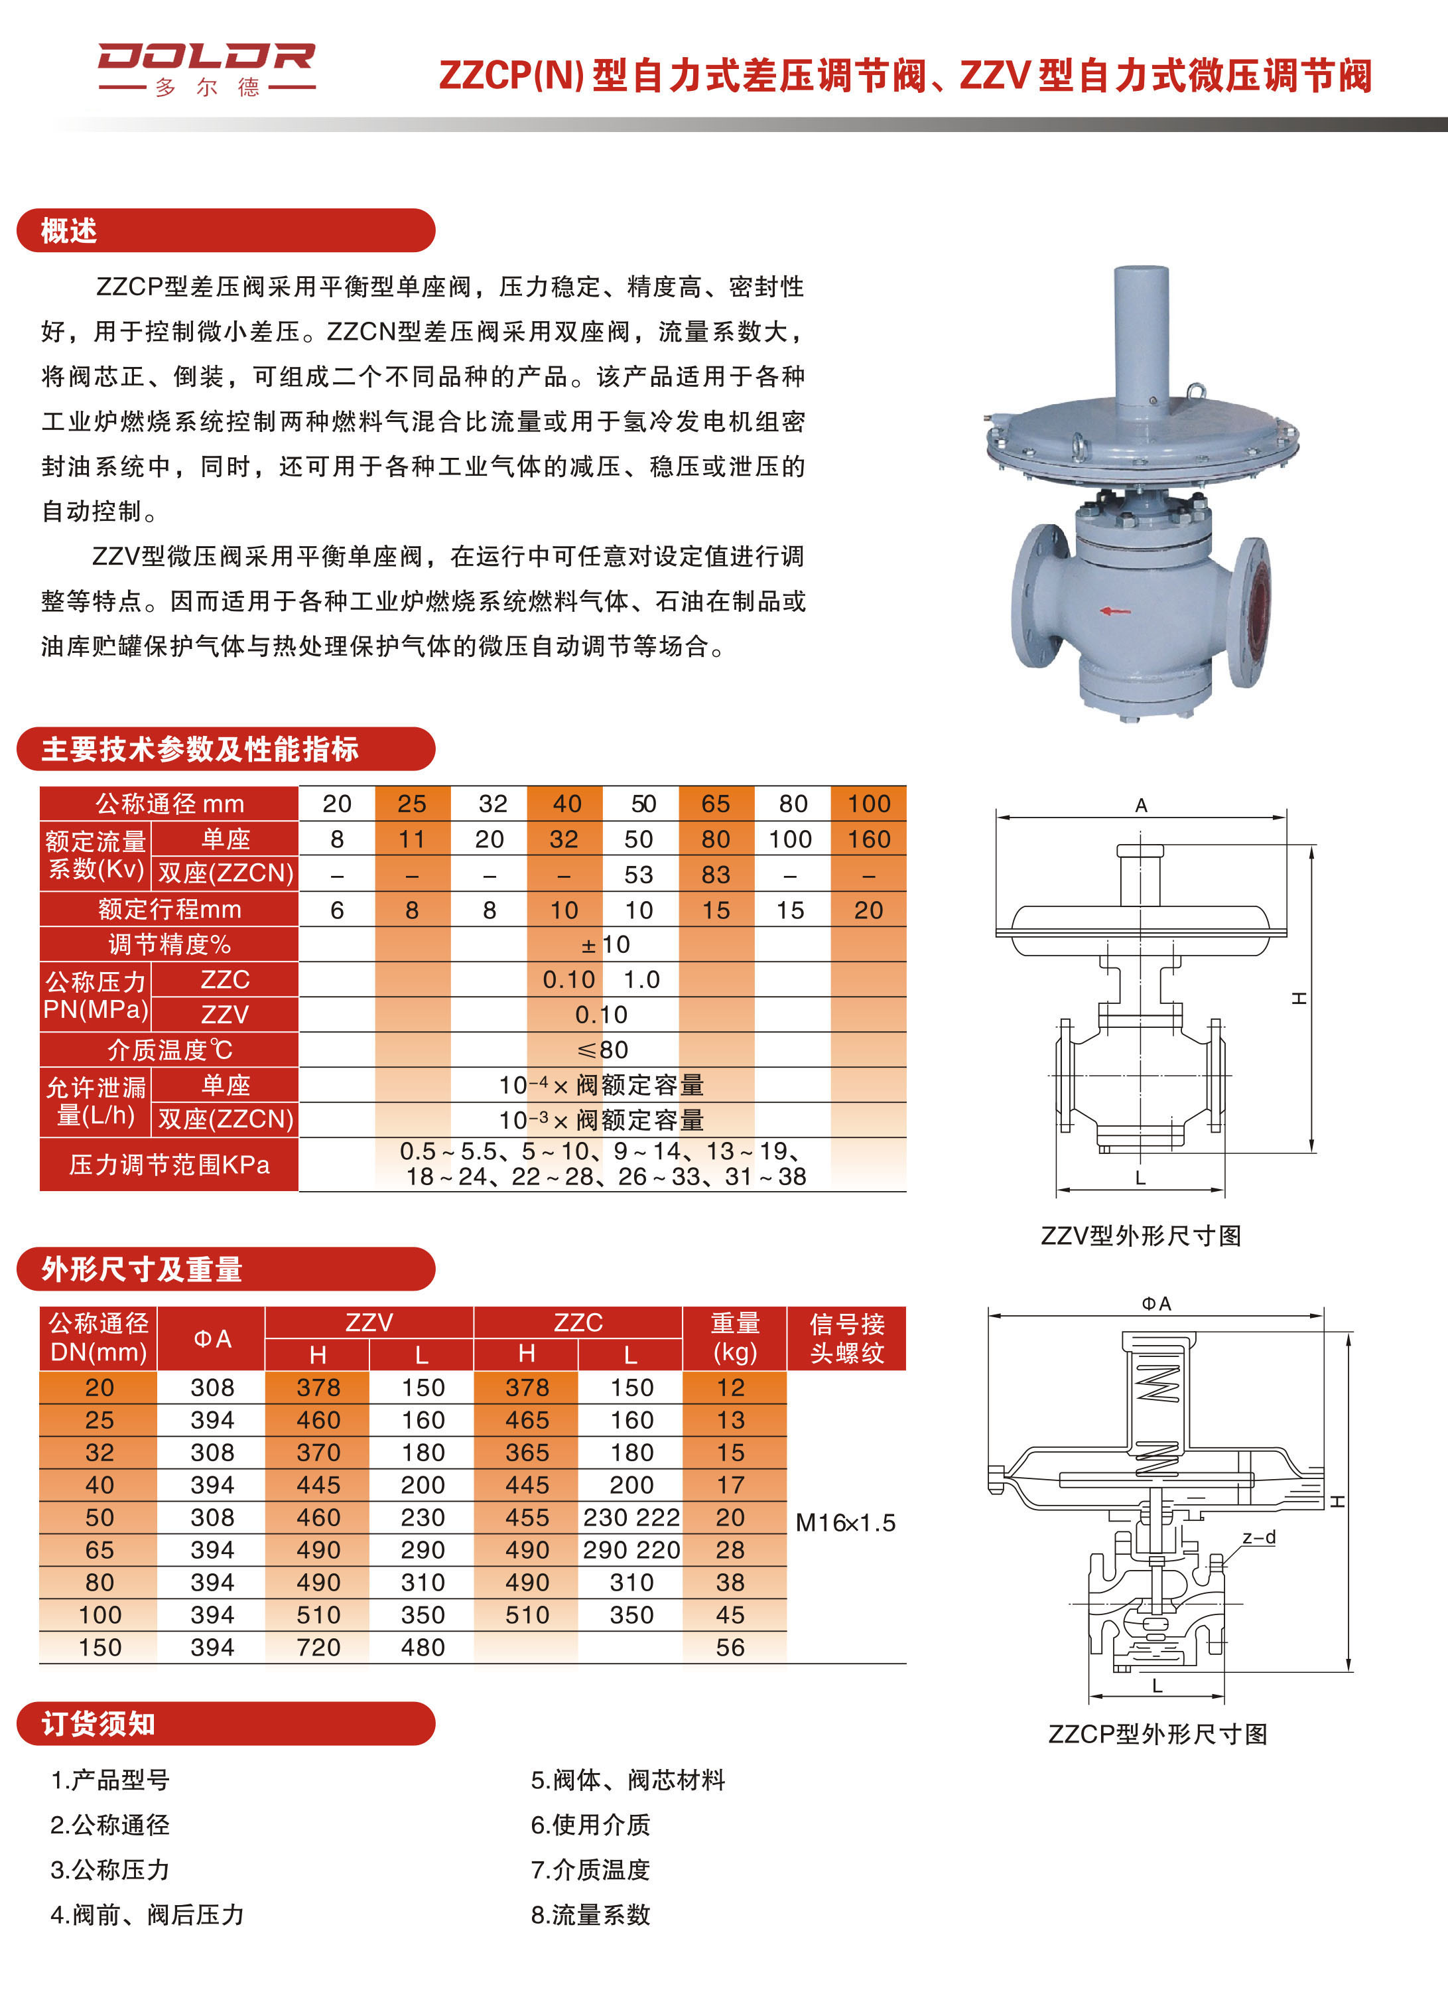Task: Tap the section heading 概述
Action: [x=68, y=231]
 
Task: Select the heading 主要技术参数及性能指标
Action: [x=200, y=749]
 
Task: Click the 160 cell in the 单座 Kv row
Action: [x=868, y=839]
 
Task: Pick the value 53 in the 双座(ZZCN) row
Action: [x=638, y=875]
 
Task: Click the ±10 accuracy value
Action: [x=604, y=944]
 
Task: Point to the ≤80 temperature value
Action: [x=602, y=1050]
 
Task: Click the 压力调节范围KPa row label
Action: [x=168, y=1165]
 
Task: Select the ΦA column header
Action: [x=212, y=1338]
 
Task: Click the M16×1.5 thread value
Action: [x=845, y=1523]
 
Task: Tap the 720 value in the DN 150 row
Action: [x=318, y=1648]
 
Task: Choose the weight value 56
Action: [x=730, y=1648]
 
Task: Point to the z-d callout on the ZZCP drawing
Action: [x=1258, y=1538]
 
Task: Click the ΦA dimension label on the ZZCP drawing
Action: [x=1155, y=1303]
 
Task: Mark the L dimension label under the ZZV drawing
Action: [x=1140, y=1178]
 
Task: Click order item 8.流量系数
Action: [x=590, y=1915]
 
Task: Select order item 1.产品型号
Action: [x=109, y=1780]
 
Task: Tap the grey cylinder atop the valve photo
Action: [x=1141, y=334]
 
